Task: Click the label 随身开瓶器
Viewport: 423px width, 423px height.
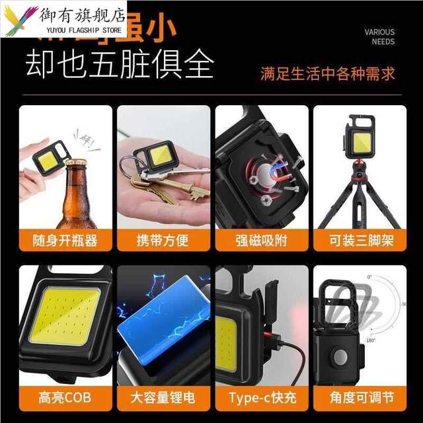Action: pos(65,240)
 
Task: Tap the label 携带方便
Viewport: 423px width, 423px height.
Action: pos(163,240)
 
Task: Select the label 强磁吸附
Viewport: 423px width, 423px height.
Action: pos(261,240)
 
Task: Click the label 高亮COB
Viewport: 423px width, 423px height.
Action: pos(65,397)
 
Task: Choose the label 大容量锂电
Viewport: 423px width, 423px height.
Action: pos(163,397)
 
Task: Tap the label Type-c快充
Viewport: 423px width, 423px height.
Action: pos(261,397)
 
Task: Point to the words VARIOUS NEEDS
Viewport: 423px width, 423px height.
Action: pos(379,36)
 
